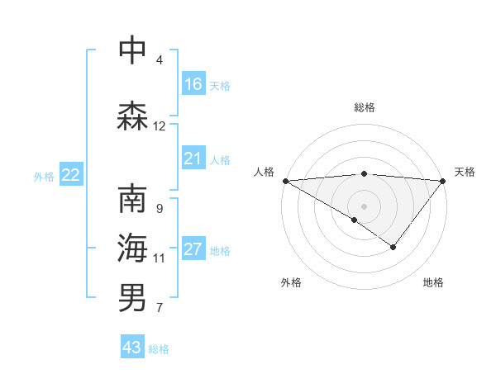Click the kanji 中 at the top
point(133,51)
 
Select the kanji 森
point(133,116)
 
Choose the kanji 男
point(133,297)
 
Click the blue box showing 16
point(193,83)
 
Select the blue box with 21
point(193,158)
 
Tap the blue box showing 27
point(193,248)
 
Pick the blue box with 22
point(71,174)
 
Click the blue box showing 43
point(132,348)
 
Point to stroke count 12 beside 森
point(160,126)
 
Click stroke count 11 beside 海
point(160,258)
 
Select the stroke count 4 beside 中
point(160,60)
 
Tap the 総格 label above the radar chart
point(364,107)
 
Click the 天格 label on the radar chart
point(465,172)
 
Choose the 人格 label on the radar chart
point(263,172)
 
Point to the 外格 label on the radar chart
point(291,283)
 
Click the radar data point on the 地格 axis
point(393,247)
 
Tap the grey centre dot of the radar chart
point(364,206)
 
